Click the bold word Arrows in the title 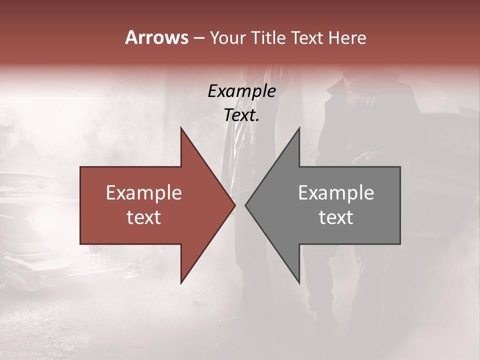[x=157, y=37]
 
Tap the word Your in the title [x=228, y=38]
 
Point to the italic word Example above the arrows [x=241, y=91]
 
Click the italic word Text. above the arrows [x=241, y=115]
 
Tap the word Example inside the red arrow [x=144, y=193]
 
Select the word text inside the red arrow [x=144, y=217]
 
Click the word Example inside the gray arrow [x=336, y=193]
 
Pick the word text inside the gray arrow [x=336, y=217]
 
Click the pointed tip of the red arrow [x=235, y=205]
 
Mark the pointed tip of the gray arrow [x=245, y=205]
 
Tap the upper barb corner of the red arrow [x=181, y=128]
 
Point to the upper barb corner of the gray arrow [x=299, y=128]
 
